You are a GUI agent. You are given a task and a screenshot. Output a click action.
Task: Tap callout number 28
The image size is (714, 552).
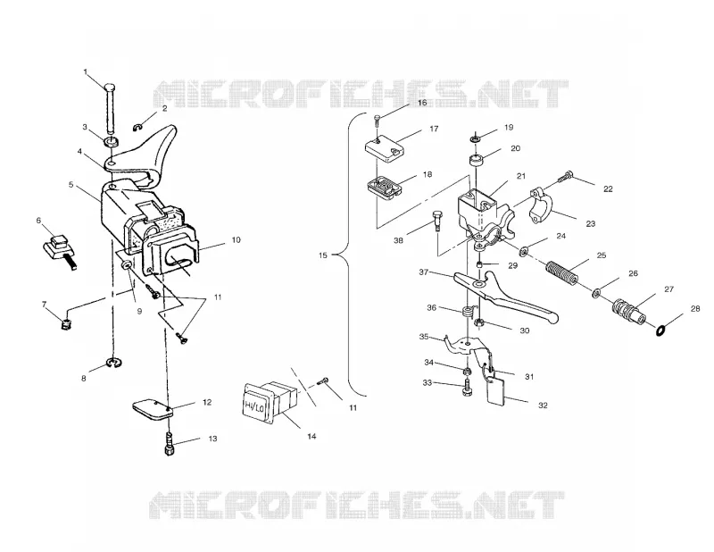695,309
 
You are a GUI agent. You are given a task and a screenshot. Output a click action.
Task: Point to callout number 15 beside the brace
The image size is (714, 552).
322,255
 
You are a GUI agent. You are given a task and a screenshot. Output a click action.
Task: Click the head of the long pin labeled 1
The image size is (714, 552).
110,87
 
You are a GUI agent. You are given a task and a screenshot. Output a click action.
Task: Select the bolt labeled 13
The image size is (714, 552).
169,445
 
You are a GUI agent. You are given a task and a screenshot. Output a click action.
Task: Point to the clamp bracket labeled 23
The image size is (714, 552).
541,206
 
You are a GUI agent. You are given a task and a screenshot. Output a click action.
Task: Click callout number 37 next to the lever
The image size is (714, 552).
423,272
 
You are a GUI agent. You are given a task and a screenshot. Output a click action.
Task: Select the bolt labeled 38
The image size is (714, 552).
436,221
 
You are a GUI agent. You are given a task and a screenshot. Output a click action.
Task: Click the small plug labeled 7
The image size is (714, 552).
66,325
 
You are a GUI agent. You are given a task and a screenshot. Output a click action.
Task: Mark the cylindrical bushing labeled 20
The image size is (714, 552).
476,161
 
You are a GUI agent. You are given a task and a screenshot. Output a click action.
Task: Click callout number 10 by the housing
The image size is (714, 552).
236,240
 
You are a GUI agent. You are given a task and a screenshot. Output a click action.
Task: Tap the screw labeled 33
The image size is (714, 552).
467,388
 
